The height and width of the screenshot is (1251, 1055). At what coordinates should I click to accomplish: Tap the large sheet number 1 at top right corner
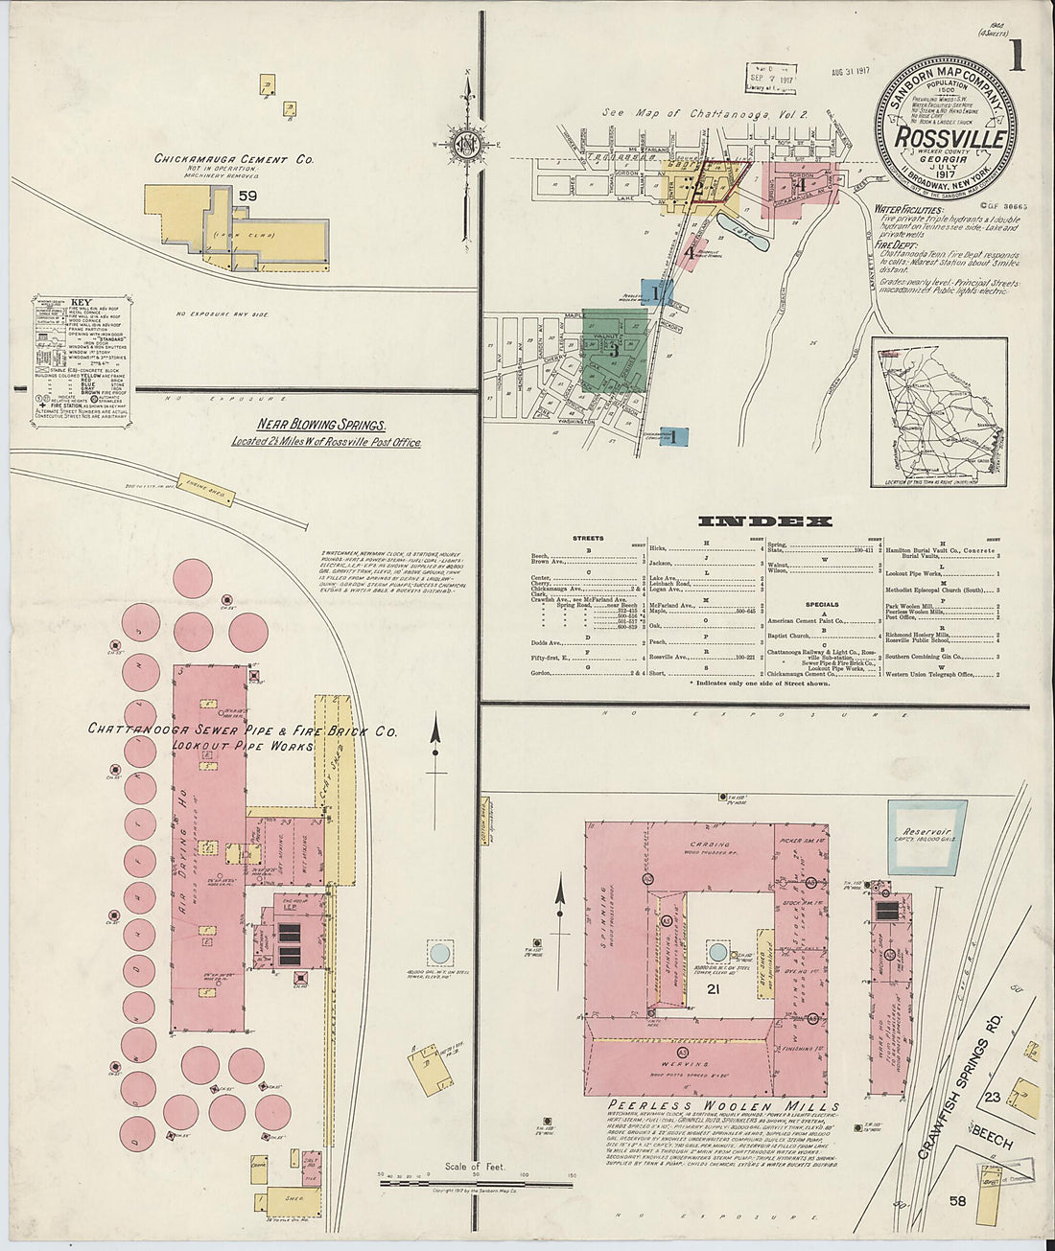point(1015,58)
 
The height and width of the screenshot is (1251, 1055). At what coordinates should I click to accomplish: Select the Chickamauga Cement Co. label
point(234,160)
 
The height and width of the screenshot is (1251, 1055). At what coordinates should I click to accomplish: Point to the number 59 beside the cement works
point(249,197)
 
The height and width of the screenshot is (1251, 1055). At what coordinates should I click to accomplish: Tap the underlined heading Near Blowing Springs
point(321,424)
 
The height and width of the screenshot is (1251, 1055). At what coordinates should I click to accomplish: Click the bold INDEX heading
point(764,521)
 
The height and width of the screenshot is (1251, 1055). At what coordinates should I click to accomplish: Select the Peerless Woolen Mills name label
point(710,1105)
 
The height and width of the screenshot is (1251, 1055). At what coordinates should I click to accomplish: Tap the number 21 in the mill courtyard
point(713,988)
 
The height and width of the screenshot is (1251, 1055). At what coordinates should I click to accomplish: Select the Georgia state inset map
point(939,411)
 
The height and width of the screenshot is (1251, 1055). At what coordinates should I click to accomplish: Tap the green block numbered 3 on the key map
point(614,351)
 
